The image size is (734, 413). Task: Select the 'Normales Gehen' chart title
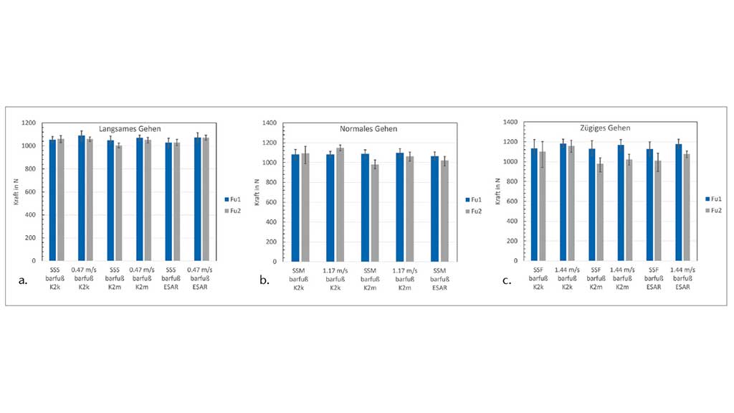pyautogui.click(x=368, y=129)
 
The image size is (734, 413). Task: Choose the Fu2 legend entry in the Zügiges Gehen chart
pyautogui.click(x=712, y=211)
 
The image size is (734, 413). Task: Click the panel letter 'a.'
pyautogui.click(x=23, y=280)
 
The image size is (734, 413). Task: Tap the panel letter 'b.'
pyautogui.click(x=265, y=280)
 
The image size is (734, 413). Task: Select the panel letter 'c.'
pyautogui.click(x=507, y=280)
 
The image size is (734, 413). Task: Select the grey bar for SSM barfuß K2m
pyautogui.click(x=373, y=212)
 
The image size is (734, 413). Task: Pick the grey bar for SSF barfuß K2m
pyautogui.click(x=600, y=212)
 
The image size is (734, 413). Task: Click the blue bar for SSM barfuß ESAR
pyautogui.click(x=435, y=209)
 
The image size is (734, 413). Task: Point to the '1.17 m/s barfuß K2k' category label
pyautogui.click(x=335, y=278)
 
